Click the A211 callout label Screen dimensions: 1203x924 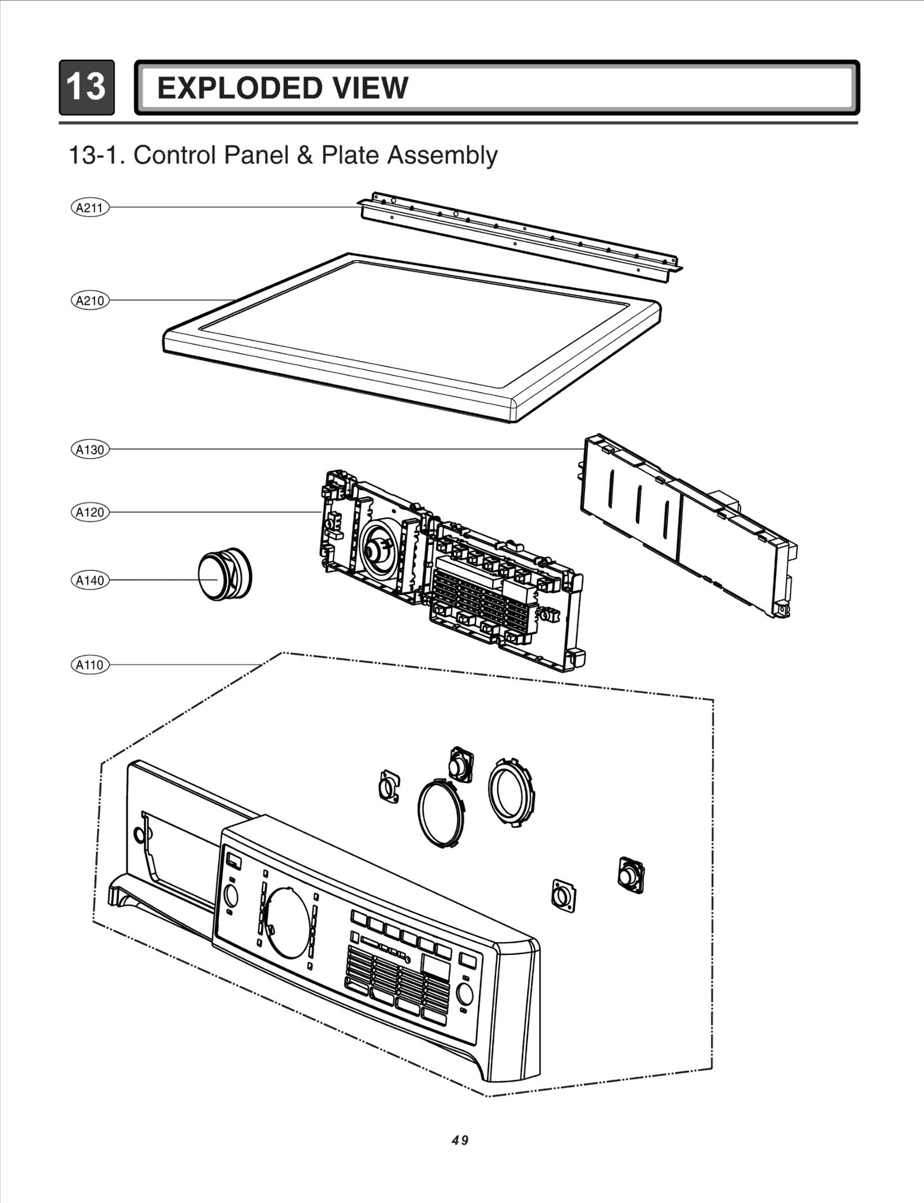[90, 207]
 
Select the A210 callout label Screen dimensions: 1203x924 [90, 300]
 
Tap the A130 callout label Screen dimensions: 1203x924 [90, 449]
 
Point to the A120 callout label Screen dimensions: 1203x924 [90, 512]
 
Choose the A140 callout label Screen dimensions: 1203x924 [90, 580]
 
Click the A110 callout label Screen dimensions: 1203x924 [90, 665]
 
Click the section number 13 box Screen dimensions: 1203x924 [87, 87]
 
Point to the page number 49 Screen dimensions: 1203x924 [460, 1141]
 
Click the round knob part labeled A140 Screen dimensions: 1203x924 [224, 574]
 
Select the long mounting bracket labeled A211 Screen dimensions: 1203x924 [520, 237]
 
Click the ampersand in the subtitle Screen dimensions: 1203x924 [304, 155]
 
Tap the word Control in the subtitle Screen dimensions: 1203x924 [173, 155]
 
